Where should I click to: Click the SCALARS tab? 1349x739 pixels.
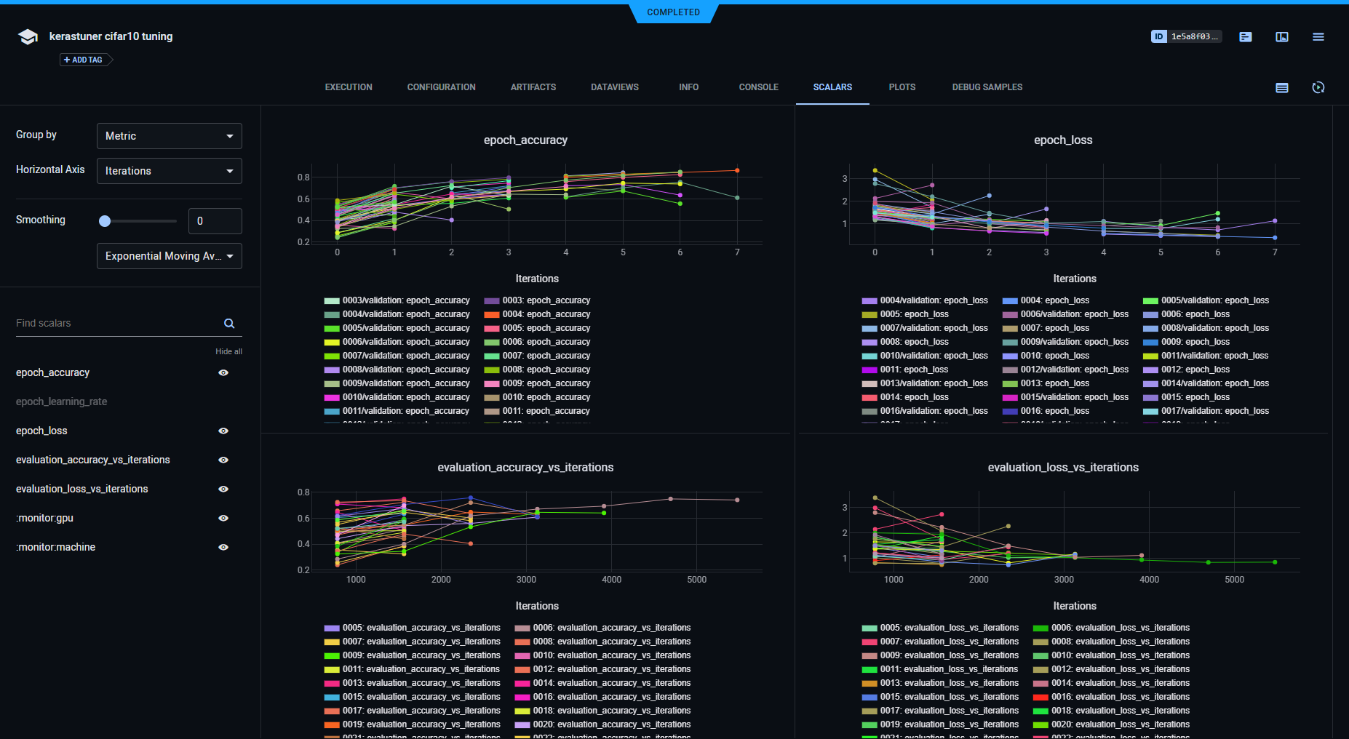832,87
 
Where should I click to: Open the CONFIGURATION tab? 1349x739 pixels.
441,87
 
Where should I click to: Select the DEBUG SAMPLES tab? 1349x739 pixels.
987,87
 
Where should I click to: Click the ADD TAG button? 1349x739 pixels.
84,60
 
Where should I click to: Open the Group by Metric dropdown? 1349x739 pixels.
169,136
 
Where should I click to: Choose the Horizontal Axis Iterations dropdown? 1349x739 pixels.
169,171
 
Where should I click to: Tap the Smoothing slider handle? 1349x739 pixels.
105,221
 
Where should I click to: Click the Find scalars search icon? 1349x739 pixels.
229,324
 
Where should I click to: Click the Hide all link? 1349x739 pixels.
228,351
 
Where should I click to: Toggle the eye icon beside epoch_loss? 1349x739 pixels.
223,431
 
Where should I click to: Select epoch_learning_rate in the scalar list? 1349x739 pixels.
61,402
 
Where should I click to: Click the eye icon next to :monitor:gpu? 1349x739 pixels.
223,518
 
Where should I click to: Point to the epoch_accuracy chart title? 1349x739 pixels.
525,140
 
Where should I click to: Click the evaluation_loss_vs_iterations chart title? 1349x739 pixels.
1062,468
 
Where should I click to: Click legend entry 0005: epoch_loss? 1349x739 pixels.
914,314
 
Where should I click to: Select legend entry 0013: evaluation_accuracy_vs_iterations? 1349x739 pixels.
421,683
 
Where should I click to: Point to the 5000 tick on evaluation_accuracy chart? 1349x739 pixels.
696,580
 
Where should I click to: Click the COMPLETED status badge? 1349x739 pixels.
673,12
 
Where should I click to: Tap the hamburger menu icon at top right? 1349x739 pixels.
1318,36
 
